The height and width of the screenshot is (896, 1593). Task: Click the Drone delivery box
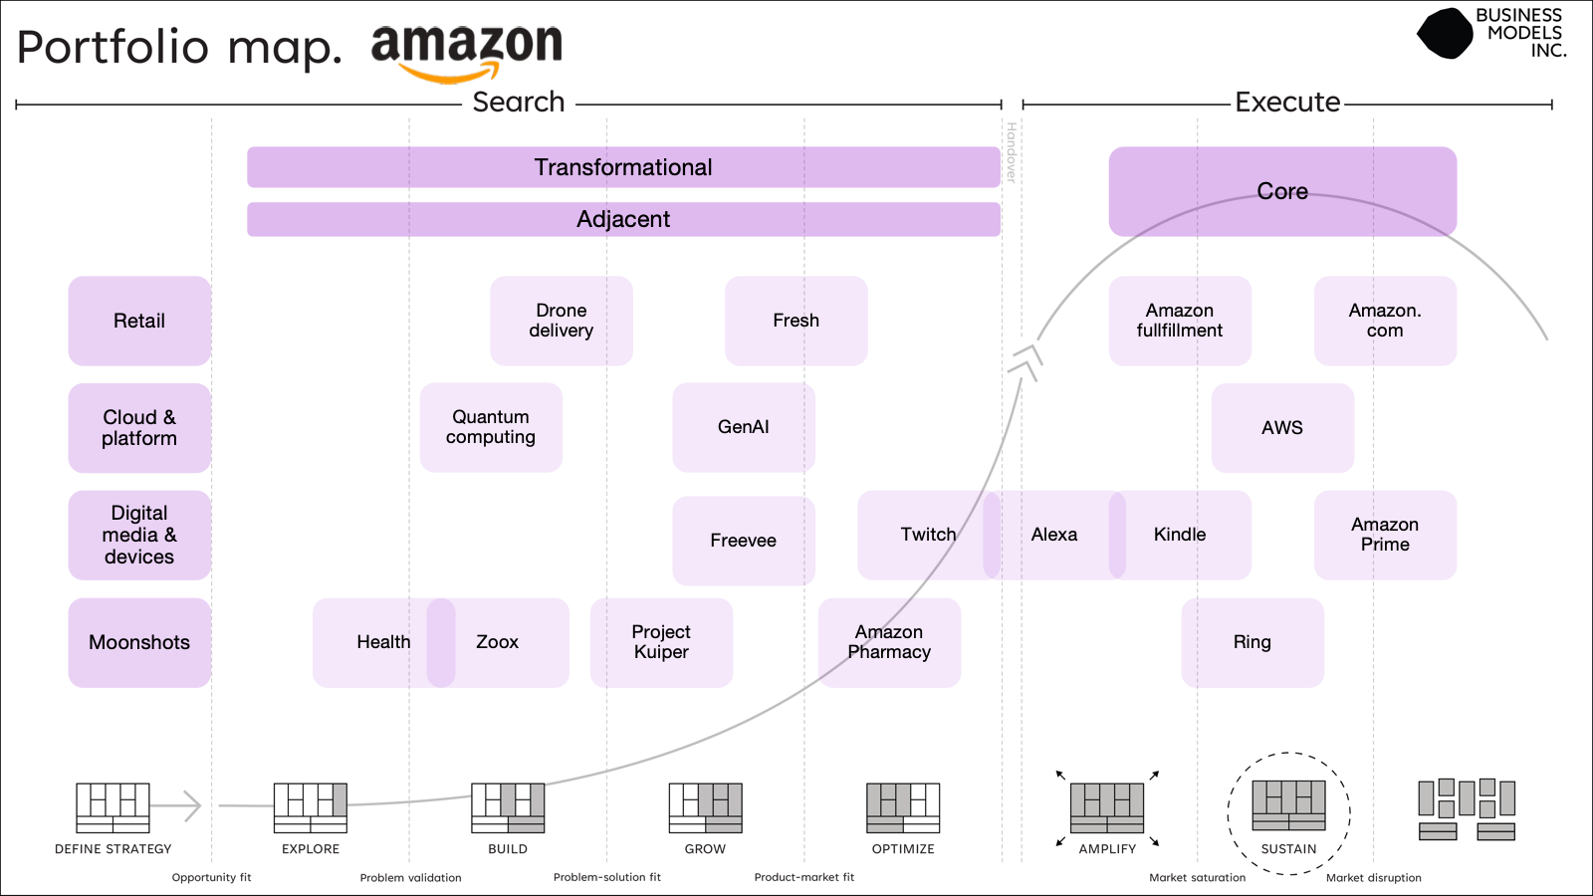[x=561, y=321]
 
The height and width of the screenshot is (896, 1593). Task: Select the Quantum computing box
[x=491, y=427]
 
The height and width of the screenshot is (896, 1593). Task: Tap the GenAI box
[x=743, y=427]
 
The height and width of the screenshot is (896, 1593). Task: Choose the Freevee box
[x=743, y=541]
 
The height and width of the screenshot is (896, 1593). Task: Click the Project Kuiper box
[x=661, y=642]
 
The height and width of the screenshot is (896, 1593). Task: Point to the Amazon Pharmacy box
[x=889, y=642]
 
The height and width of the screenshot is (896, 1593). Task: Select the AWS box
[x=1282, y=428]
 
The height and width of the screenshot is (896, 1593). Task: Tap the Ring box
[x=1252, y=642]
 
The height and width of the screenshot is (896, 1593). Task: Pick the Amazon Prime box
[x=1385, y=535]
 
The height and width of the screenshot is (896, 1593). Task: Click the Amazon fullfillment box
[x=1180, y=321]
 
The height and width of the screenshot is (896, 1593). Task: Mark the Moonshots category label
[x=139, y=642]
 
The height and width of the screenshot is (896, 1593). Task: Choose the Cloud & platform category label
[x=139, y=428]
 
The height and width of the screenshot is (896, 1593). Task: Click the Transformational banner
[x=623, y=167]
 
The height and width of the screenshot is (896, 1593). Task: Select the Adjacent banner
[x=623, y=219]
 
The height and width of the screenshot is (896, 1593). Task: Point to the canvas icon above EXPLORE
[x=311, y=807]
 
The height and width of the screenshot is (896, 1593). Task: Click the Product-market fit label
[x=803, y=877]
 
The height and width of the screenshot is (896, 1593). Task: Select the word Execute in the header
[x=1287, y=103]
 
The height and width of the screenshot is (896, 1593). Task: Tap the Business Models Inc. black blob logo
[x=1445, y=34]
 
